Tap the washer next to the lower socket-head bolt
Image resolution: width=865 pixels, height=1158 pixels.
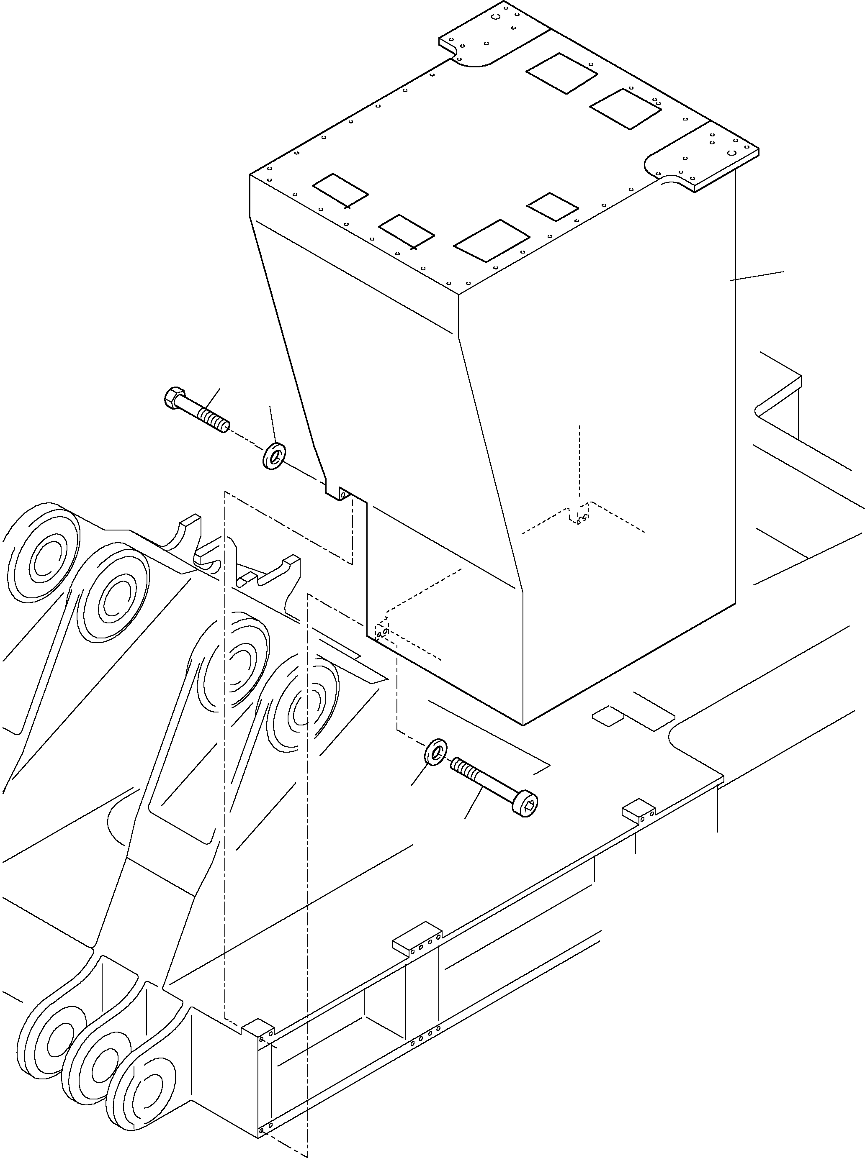click(x=436, y=751)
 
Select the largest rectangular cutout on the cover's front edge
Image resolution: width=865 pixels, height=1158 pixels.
click(x=491, y=240)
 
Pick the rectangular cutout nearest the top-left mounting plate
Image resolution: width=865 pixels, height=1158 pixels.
click(x=561, y=73)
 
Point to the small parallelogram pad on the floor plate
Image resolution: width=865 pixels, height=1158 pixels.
click(x=608, y=716)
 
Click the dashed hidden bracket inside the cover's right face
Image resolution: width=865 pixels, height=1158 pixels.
click(x=579, y=515)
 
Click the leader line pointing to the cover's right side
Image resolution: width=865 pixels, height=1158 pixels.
click(x=757, y=276)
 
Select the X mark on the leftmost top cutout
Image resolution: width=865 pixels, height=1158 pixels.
click(x=348, y=207)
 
